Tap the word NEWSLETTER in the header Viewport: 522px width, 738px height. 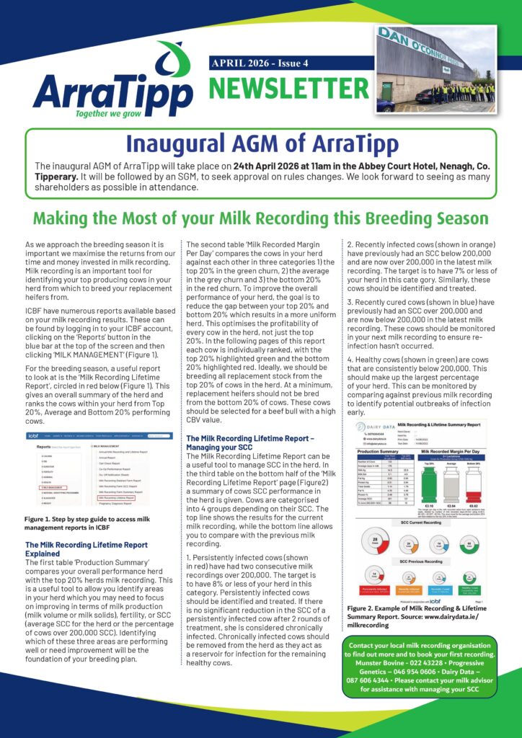[x=288, y=89]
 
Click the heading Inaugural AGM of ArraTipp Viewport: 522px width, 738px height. [x=260, y=143]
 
